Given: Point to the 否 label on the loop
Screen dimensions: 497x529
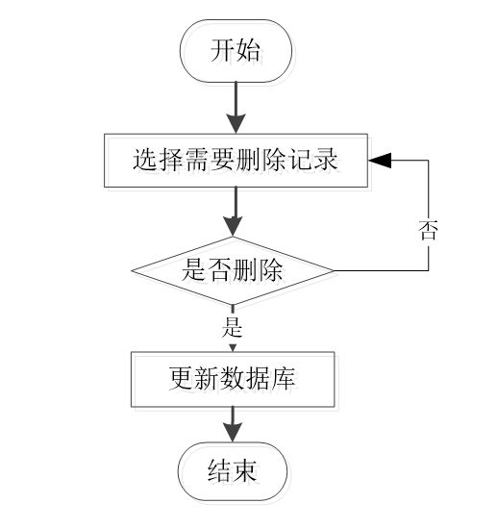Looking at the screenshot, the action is click(x=428, y=230).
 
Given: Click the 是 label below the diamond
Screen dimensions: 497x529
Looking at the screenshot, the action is click(x=233, y=327).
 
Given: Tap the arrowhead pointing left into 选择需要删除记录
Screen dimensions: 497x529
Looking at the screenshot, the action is click(x=380, y=161).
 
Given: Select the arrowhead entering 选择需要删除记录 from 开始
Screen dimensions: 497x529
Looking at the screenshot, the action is click(x=236, y=124).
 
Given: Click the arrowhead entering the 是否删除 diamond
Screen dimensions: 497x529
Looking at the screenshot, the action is click(x=233, y=227).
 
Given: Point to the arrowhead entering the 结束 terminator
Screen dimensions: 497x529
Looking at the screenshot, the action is click(x=233, y=432).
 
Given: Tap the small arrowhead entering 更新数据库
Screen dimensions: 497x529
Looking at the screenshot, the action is click(x=233, y=348).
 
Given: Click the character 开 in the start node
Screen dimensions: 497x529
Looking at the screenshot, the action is click(x=222, y=51).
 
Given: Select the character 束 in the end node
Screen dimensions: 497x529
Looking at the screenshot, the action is click(x=245, y=470).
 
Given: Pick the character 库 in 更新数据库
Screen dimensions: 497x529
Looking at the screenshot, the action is click(x=284, y=379).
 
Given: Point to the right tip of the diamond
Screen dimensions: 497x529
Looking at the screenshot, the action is click(x=334, y=270).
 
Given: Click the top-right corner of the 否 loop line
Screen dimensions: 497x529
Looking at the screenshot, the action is click(x=429, y=161).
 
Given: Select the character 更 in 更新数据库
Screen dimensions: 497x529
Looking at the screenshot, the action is click(x=181, y=379).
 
